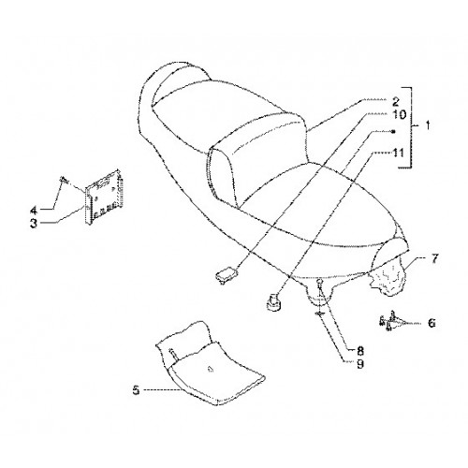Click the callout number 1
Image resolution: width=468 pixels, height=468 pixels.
click(x=428, y=125)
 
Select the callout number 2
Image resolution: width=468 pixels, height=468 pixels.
click(x=395, y=102)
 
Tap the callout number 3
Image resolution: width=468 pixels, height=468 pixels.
click(x=34, y=224)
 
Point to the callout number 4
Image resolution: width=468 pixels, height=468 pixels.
click(x=34, y=211)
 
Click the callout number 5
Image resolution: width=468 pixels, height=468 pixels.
click(x=136, y=389)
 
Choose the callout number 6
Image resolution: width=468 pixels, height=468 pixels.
click(x=431, y=323)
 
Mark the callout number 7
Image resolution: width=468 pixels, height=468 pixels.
click(x=434, y=258)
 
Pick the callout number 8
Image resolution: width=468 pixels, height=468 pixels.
click(x=360, y=351)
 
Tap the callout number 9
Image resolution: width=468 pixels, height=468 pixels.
click(x=360, y=364)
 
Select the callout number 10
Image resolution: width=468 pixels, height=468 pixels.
click(x=399, y=114)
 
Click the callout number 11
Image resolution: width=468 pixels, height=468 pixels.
click(x=399, y=154)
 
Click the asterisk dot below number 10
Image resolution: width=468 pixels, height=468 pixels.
click(x=393, y=132)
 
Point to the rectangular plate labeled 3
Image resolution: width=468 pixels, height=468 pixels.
click(x=103, y=197)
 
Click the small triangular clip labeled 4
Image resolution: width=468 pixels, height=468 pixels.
click(x=64, y=180)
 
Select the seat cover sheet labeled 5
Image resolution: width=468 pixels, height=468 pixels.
click(x=210, y=363)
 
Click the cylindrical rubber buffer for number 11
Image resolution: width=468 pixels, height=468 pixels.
click(x=273, y=302)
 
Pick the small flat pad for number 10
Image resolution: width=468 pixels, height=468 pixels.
click(x=227, y=274)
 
